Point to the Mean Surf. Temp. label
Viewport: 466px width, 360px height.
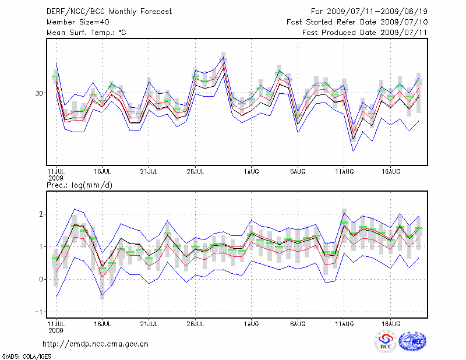click(x=86, y=33)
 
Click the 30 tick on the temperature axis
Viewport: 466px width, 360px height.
click(x=40, y=93)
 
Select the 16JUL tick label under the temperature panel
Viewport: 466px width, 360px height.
click(x=103, y=172)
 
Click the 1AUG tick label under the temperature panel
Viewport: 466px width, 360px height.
click(x=251, y=172)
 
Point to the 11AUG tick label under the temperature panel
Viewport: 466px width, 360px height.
click(x=344, y=172)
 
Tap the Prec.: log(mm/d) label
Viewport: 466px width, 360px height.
click(x=79, y=185)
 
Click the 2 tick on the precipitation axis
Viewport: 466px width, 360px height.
click(x=41, y=214)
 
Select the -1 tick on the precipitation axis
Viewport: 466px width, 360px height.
click(x=39, y=312)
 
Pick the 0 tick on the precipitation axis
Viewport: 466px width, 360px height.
click(x=41, y=279)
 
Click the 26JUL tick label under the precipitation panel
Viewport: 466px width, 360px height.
click(x=195, y=323)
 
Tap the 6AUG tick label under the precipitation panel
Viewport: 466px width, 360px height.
click(x=298, y=323)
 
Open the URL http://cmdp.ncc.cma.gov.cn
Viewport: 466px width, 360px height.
click(x=96, y=344)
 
